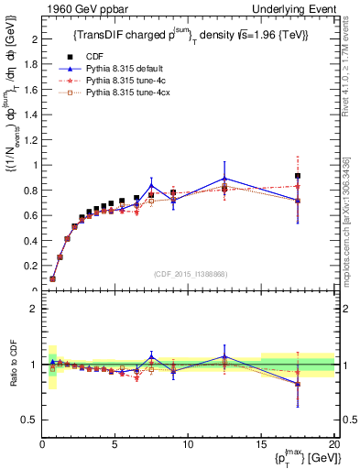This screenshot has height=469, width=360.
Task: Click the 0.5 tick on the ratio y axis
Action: point(31,420)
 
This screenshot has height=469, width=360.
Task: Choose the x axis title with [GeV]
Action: point(302,458)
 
